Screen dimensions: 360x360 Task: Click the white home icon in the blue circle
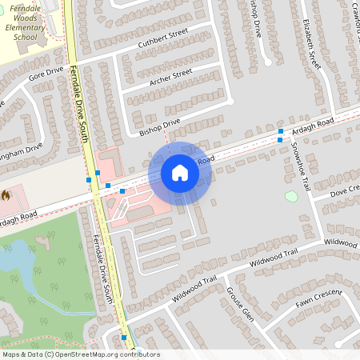[x=180, y=173]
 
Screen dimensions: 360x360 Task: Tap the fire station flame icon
[x=6, y=194]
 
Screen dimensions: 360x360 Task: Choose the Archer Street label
[x=170, y=77]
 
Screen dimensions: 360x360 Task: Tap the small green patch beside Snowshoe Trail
[x=291, y=196]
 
